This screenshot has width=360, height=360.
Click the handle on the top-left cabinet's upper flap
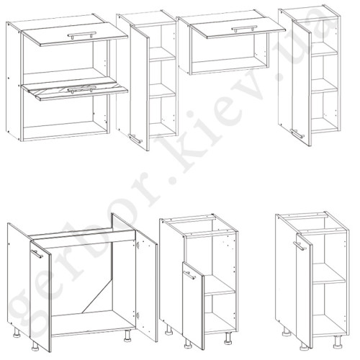[82, 35]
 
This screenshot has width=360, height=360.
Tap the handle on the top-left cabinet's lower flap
[82, 89]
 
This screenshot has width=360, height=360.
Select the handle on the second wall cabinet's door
[135, 139]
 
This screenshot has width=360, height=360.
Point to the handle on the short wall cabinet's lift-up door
[243, 29]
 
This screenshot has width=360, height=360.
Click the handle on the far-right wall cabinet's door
[297, 134]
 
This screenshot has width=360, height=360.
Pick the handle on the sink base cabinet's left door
[37, 254]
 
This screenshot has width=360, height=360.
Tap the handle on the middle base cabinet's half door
[189, 275]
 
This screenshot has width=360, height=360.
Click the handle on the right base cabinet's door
[300, 246]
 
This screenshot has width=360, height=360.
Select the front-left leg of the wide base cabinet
[35, 346]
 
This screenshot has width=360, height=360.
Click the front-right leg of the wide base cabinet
[127, 336]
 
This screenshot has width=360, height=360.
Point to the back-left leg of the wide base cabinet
[17, 333]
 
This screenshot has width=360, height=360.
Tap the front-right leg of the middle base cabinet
[228, 338]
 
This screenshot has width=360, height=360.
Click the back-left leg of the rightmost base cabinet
[287, 330]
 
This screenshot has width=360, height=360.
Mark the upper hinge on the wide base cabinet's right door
[138, 245]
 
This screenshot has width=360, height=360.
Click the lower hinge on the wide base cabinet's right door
[138, 315]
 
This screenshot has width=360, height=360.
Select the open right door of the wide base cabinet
[147, 286]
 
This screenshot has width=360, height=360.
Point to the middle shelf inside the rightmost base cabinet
[329, 274]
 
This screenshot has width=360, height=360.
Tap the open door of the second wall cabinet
[140, 87]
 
